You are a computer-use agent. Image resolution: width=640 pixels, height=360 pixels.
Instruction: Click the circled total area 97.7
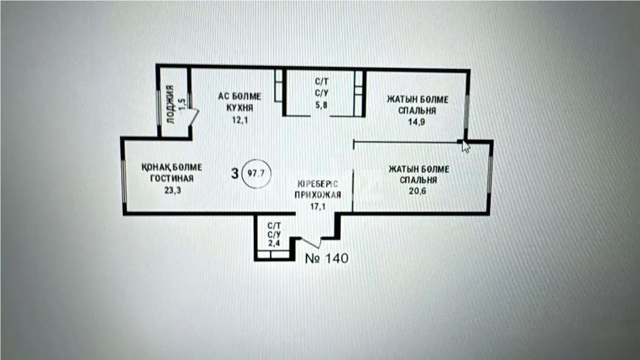coord(257,173)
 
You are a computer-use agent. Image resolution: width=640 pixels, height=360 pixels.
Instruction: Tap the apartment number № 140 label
coord(326,259)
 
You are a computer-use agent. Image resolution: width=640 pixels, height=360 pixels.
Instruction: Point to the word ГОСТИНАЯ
coord(171,178)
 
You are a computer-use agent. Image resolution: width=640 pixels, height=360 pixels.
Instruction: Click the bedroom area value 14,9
coord(418,122)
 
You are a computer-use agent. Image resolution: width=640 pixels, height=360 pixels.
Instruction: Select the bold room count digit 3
coord(234,173)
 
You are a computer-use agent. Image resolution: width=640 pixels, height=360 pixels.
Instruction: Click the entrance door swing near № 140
coord(311,243)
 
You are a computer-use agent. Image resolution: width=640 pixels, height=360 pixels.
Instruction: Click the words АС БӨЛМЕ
coord(239,97)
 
